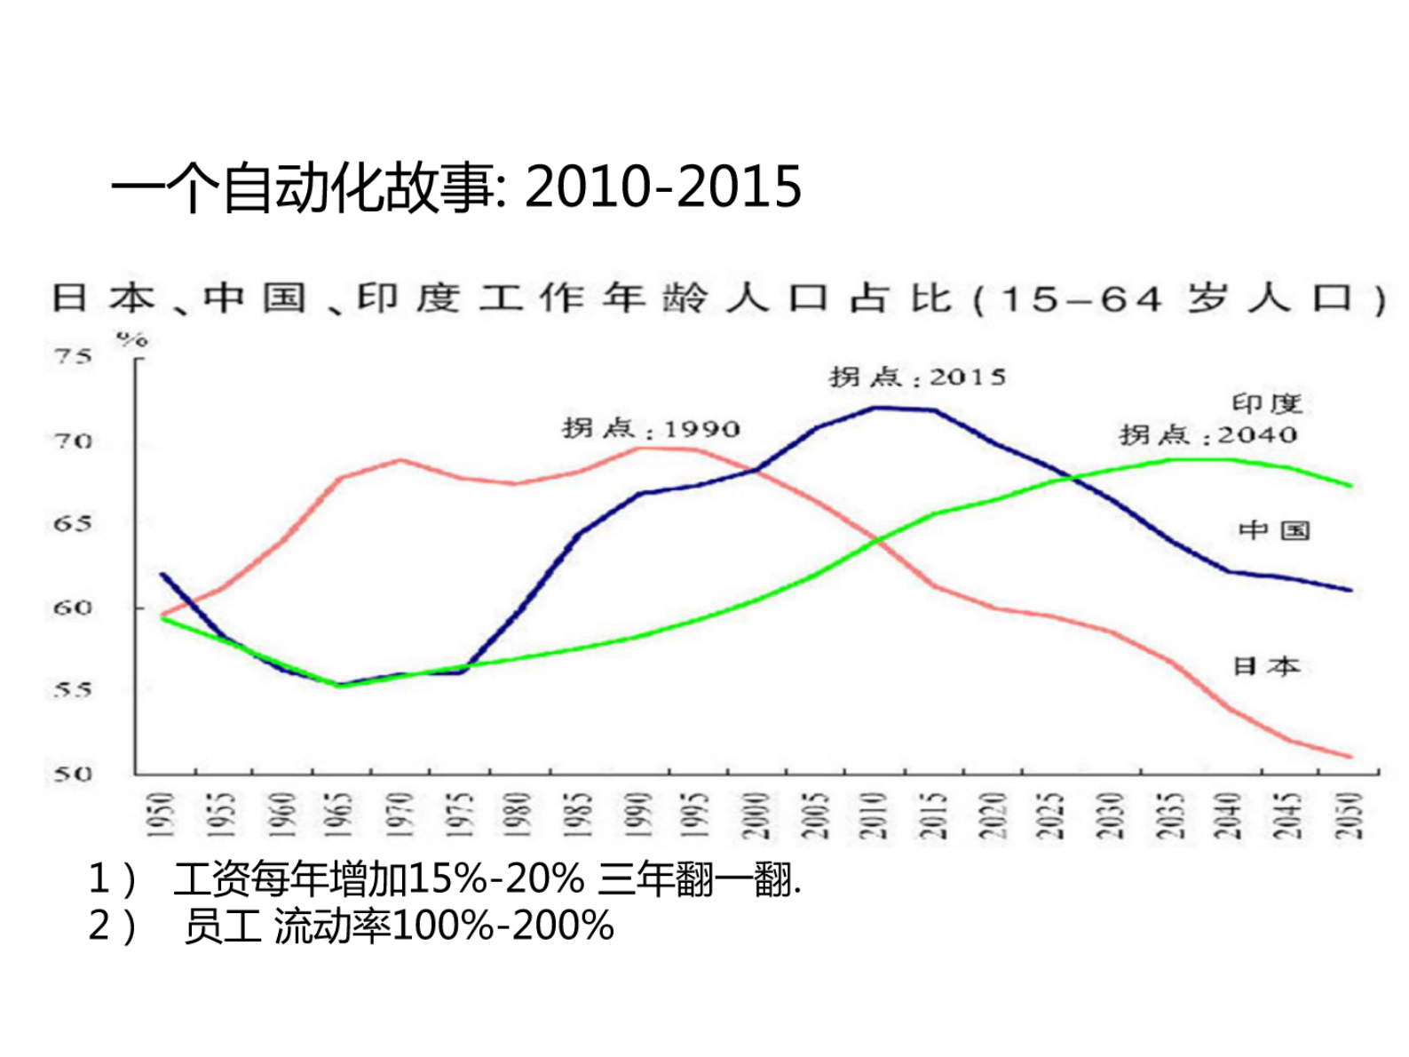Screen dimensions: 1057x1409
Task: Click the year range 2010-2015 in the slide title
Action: [x=663, y=187]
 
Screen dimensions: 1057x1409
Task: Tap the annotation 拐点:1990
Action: [x=651, y=429]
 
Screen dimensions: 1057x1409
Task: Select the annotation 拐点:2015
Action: [x=918, y=377]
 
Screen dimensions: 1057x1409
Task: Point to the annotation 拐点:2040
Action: [x=1207, y=435]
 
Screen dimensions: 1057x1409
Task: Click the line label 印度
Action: [x=1267, y=404]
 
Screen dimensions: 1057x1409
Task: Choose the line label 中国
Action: [x=1275, y=531]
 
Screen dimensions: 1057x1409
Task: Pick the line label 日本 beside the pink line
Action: [x=1267, y=666]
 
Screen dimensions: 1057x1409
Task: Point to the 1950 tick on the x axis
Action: [x=162, y=815]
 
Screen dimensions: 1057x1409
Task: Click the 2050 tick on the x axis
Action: [x=1350, y=815]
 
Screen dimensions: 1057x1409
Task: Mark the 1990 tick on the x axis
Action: [x=637, y=815]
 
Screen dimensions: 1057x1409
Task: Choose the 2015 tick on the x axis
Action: [x=934, y=815]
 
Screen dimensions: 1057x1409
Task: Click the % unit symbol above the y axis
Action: [x=131, y=339]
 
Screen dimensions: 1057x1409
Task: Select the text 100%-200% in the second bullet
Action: [x=503, y=926]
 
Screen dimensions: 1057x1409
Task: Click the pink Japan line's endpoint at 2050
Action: [x=1350, y=757]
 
